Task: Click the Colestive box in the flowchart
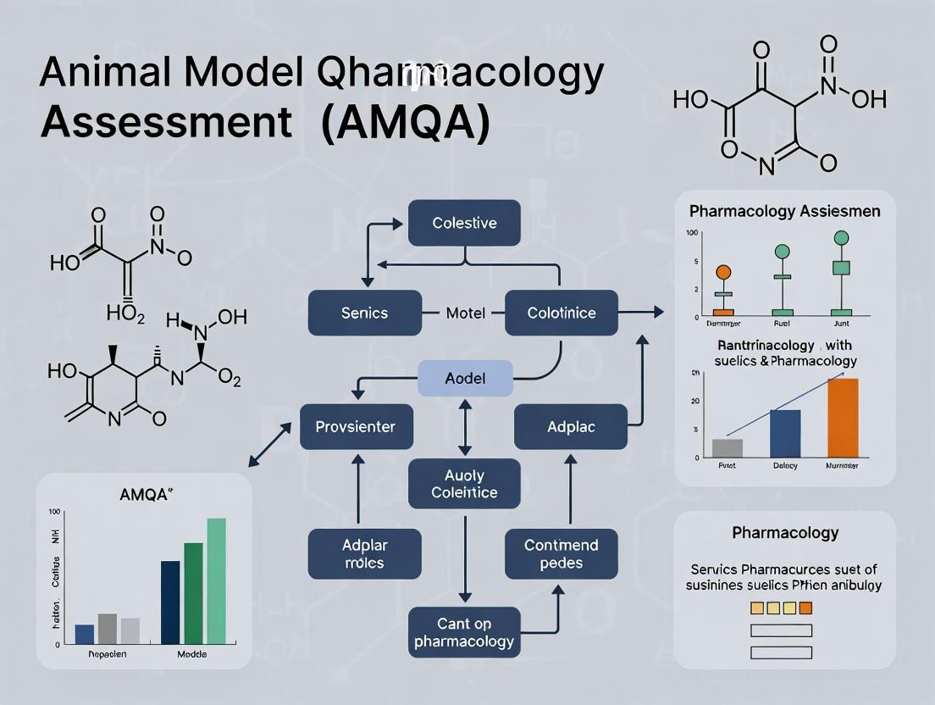[x=464, y=223]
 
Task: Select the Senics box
[x=364, y=313]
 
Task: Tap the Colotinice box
[x=562, y=313]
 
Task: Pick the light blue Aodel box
[x=465, y=378]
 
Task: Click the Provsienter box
[x=357, y=426]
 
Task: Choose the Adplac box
[x=570, y=426]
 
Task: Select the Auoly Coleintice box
[x=464, y=484]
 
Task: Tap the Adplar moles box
[x=364, y=554]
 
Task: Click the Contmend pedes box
[x=561, y=554]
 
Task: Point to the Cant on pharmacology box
[x=464, y=632]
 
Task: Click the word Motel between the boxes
[x=465, y=313]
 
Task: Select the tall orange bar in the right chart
[x=842, y=418]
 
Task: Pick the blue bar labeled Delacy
[x=785, y=433]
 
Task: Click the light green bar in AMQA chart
[x=216, y=581]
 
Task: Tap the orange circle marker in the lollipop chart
[x=722, y=272]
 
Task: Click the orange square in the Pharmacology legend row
[x=805, y=608]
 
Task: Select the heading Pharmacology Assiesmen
[x=784, y=211]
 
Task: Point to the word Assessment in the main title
[x=165, y=123]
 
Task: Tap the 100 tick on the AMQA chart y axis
[x=55, y=512]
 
